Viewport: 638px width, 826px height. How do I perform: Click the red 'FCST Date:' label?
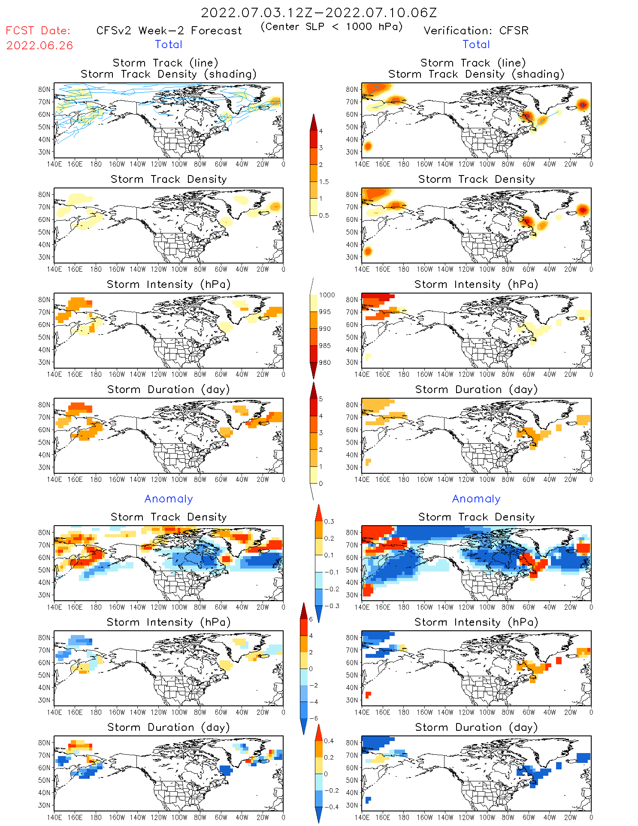pyautogui.click(x=38, y=30)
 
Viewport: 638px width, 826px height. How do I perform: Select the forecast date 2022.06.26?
pyautogui.click(x=39, y=45)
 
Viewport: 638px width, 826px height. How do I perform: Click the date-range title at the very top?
pyautogui.click(x=319, y=12)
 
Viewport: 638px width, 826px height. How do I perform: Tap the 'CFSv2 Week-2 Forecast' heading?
pyautogui.click(x=169, y=30)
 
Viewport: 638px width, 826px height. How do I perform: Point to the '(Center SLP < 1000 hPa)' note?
pyautogui.click(x=332, y=27)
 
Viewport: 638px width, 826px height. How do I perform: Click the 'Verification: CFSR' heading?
pyautogui.click(x=476, y=30)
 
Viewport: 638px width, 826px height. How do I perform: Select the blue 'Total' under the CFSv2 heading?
pyautogui.click(x=169, y=44)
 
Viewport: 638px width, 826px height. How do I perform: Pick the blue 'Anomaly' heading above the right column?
pyautogui.click(x=476, y=499)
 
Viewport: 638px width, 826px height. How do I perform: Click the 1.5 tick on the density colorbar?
pyautogui.click(x=324, y=182)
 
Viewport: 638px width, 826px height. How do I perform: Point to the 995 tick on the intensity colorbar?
pyautogui.click(x=325, y=312)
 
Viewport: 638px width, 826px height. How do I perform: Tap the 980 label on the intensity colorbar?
pyautogui.click(x=325, y=363)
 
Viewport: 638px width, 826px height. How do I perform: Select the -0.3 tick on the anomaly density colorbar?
pyautogui.click(x=331, y=606)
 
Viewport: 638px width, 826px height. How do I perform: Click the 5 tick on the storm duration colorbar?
pyautogui.click(x=321, y=399)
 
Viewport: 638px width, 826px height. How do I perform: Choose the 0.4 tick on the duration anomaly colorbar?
pyautogui.click(x=329, y=741)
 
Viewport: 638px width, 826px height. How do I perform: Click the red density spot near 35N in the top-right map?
pyautogui.click(x=367, y=146)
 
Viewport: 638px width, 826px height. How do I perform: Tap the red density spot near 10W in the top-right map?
pyautogui.click(x=582, y=104)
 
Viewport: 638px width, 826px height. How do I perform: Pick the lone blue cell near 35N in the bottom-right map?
pyautogui.click(x=368, y=800)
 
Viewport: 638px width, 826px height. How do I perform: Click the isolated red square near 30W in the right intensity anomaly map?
pyautogui.click(x=559, y=660)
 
